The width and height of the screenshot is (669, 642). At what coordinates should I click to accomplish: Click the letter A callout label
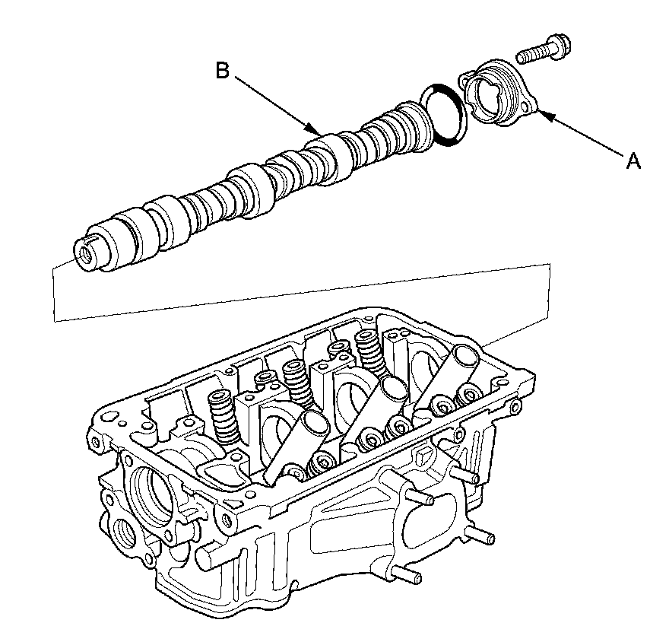[x=633, y=160]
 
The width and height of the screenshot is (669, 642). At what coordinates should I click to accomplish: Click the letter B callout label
[x=222, y=70]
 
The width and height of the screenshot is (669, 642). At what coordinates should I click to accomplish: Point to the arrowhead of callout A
[x=541, y=114]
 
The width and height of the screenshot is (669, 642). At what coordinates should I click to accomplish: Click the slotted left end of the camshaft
[x=86, y=251]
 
